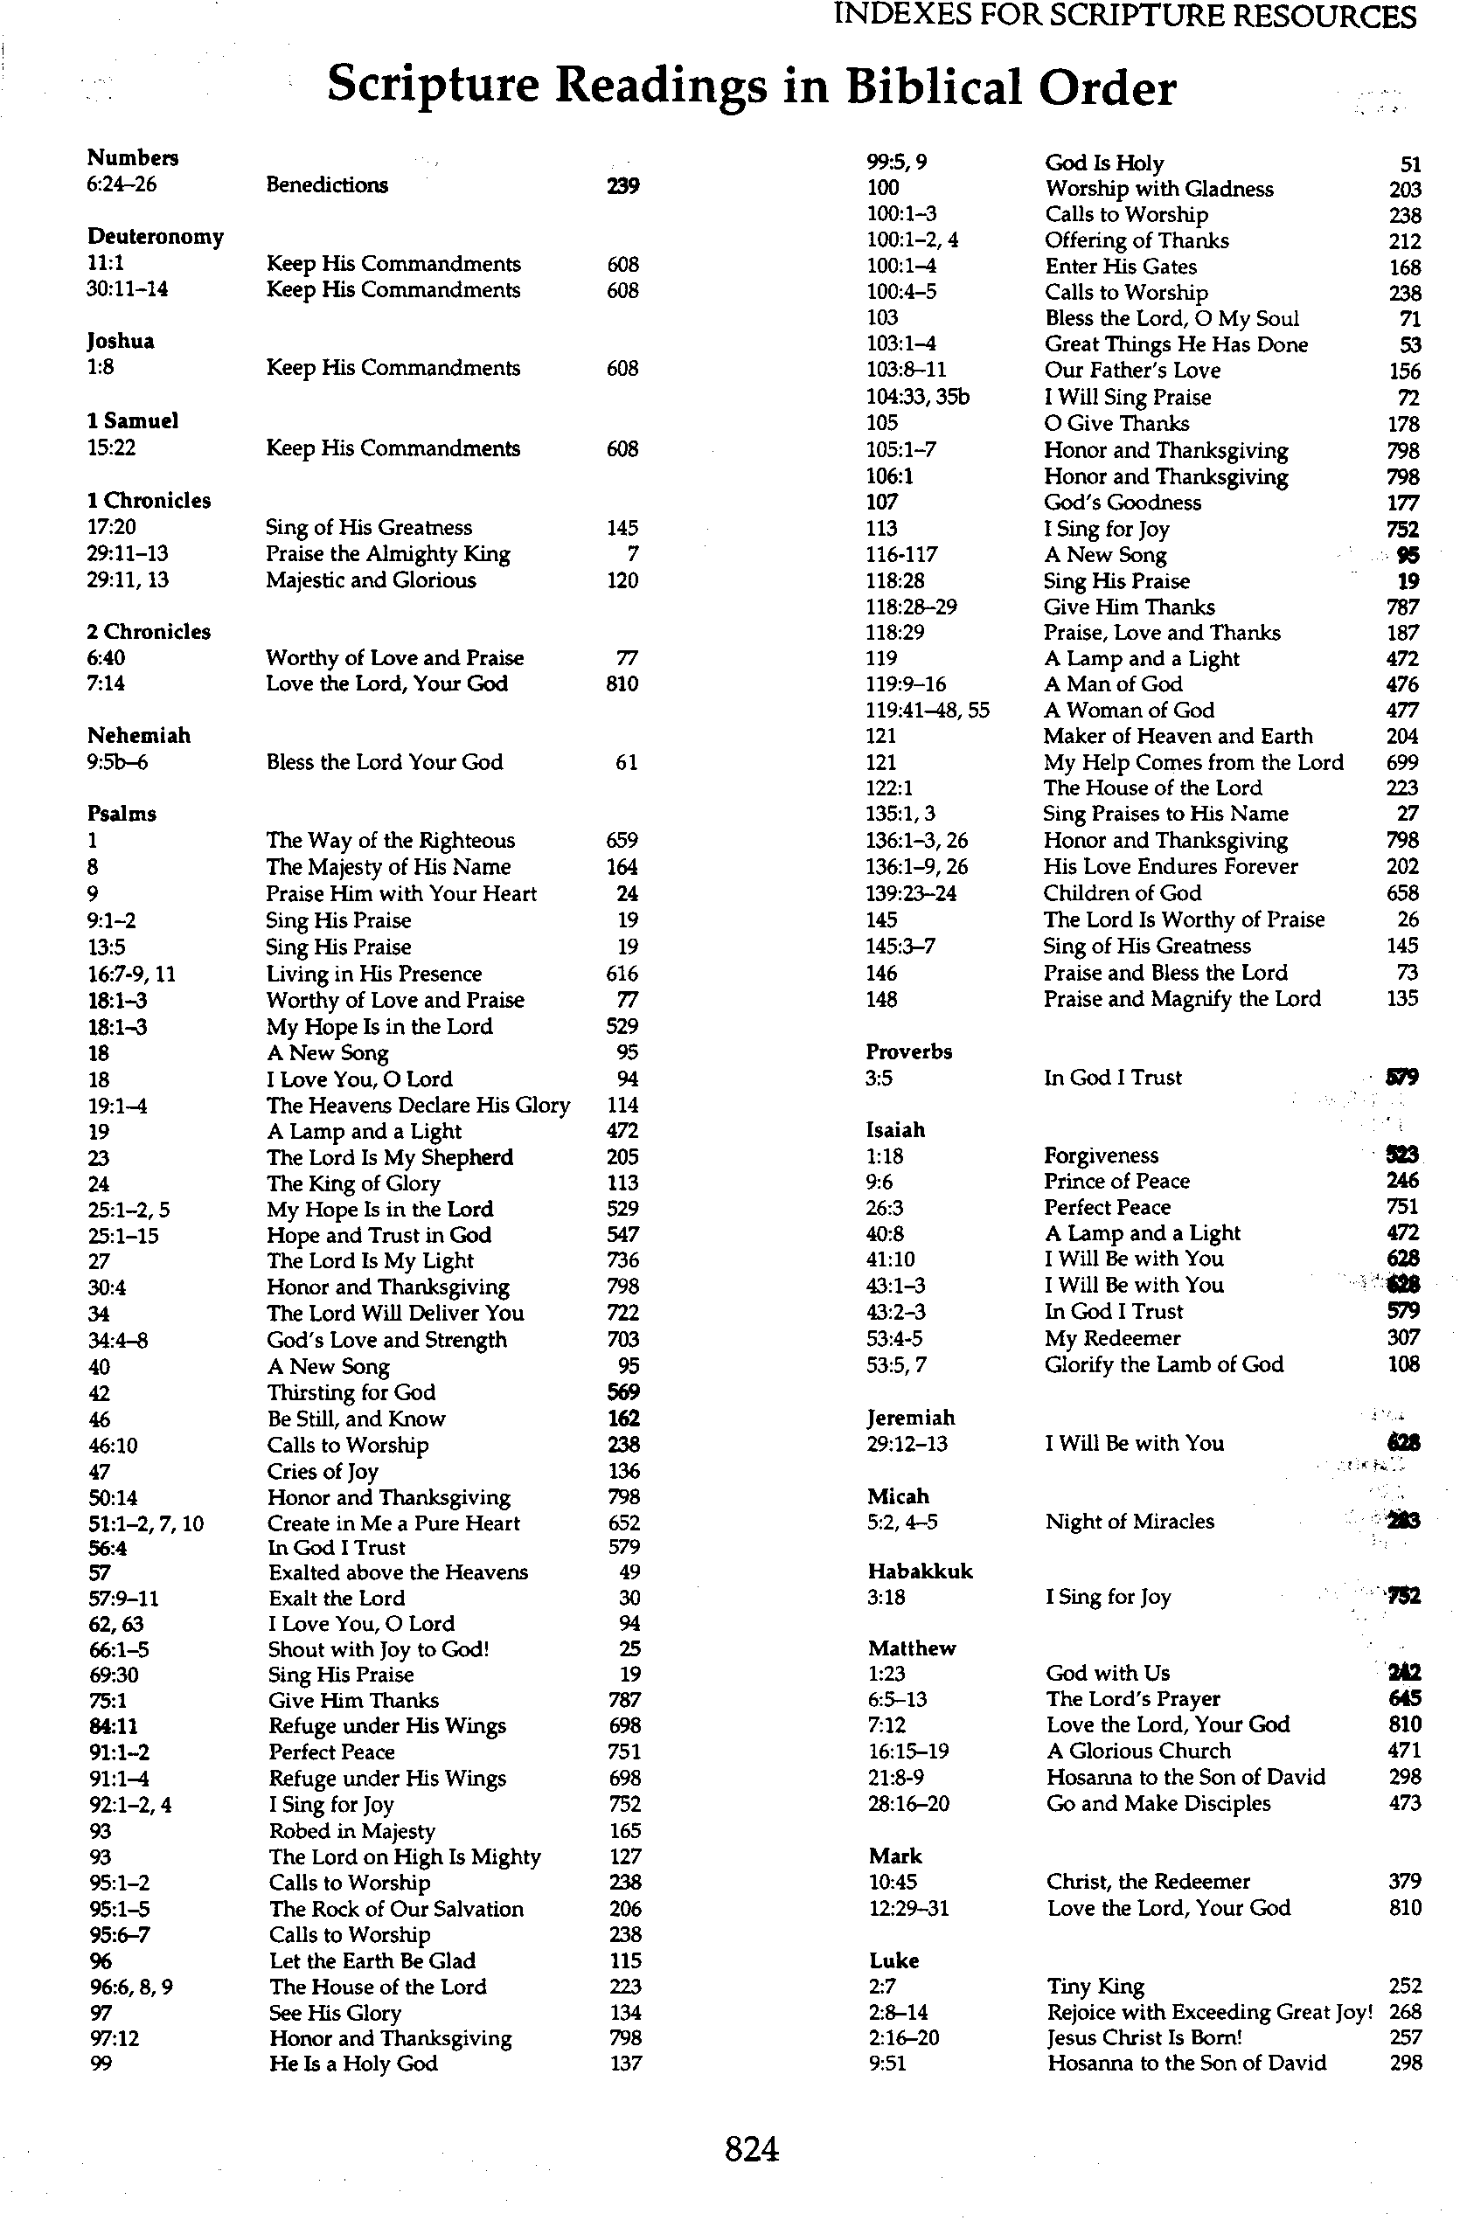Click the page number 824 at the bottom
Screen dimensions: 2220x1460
point(751,2150)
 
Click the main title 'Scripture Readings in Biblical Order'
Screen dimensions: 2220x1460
point(751,87)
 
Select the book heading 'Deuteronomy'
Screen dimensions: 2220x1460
point(156,237)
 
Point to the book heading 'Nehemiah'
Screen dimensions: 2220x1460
point(139,736)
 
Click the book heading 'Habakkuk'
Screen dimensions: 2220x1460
point(920,1571)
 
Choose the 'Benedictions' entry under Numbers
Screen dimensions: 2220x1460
point(326,184)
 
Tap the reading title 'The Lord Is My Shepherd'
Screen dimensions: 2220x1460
point(390,1157)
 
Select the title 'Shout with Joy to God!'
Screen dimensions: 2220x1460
point(379,1649)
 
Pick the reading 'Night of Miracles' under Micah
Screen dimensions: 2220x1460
point(1130,1522)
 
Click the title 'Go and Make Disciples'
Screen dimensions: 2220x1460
point(1158,1803)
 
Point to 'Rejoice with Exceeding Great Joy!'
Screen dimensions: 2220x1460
point(1210,2012)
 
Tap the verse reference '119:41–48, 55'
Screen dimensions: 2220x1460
point(928,711)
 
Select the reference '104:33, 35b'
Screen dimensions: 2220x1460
point(918,398)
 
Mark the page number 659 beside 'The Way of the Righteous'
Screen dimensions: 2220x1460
point(622,841)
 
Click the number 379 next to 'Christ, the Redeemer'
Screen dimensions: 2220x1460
point(1404,1882)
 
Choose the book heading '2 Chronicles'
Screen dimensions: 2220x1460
point(149,632)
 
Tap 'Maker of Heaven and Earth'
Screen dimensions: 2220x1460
point(1178,736)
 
